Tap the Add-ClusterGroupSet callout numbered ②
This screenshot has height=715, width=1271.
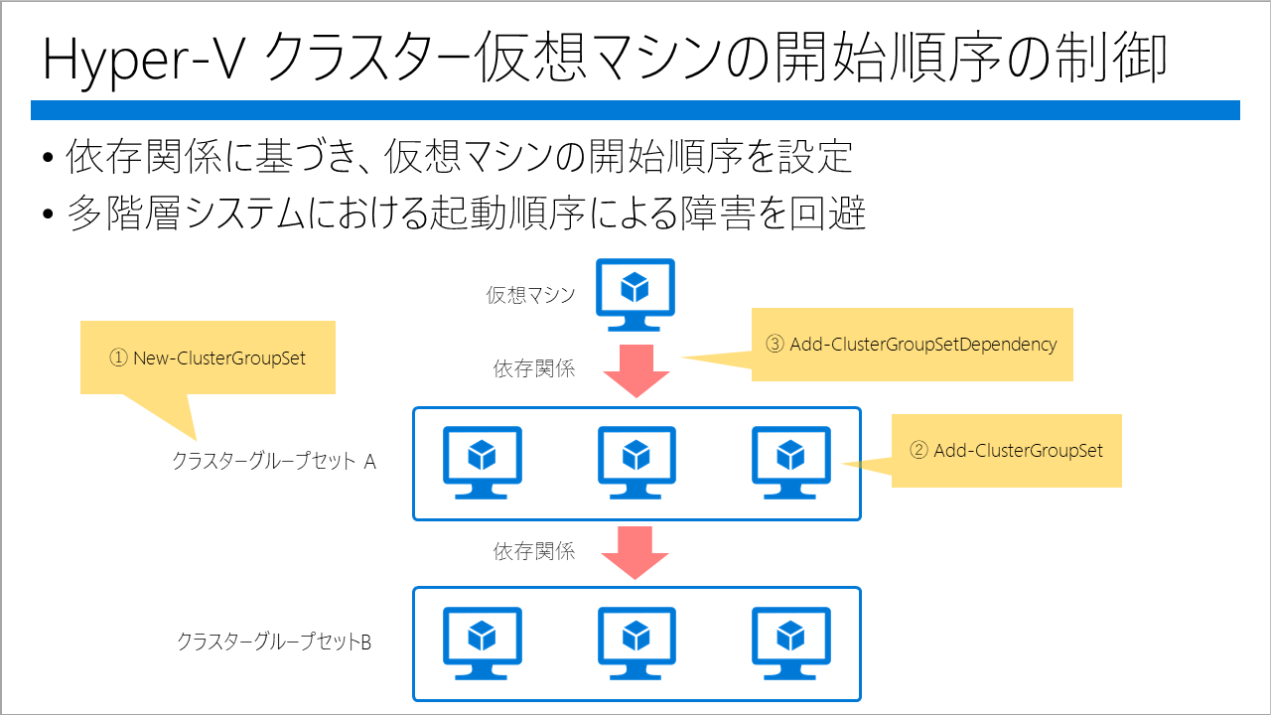[1006, 451]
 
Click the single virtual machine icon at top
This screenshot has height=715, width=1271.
[635, 295]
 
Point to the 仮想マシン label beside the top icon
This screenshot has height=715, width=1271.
[530, 295]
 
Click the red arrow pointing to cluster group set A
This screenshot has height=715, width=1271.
[636, 370]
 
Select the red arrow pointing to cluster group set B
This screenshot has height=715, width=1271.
[635, 553]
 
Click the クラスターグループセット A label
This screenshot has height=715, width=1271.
[274, 461]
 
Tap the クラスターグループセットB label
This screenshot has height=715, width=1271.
[274, 642]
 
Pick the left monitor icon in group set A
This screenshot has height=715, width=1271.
[483, 463]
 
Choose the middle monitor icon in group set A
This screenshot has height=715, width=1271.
[636, 463]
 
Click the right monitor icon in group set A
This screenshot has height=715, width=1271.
[791, 463]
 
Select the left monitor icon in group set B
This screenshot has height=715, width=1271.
[483, 643]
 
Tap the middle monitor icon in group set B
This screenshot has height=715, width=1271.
[636, 643]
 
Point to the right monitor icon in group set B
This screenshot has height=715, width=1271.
[791, 643]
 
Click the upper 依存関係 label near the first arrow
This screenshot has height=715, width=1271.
[534, 368]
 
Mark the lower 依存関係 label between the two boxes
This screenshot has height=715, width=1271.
[534, 551]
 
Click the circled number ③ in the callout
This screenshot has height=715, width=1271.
[775, 344]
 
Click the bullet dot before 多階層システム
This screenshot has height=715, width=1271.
[48, 214]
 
